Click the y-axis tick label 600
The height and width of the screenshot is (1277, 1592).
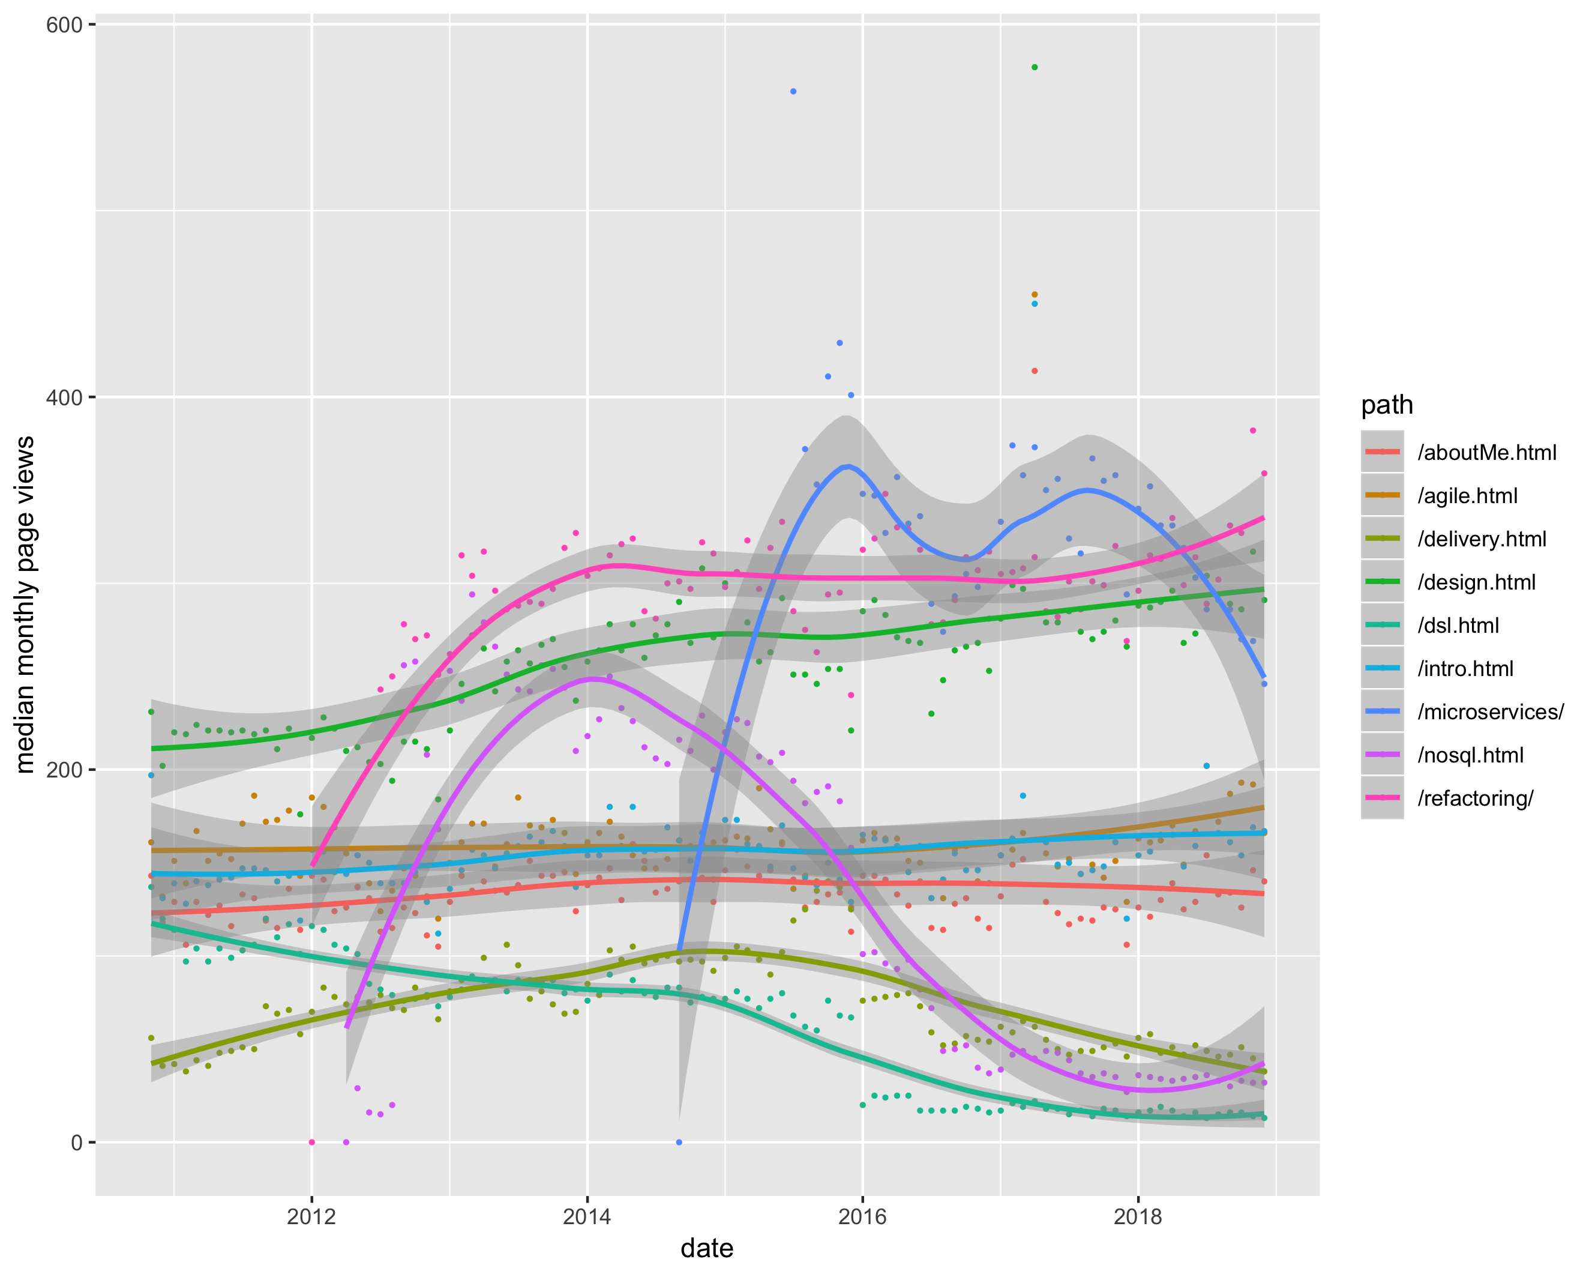coord(64,25)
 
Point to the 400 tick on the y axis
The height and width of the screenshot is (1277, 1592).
coord(64,397)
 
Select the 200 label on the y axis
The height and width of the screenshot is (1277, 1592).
coord(64,770)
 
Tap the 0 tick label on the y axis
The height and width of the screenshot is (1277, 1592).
coord(76,1143)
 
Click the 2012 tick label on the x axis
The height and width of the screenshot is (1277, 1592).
coord(311,1216)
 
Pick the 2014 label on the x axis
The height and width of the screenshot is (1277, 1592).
coord(587,1216)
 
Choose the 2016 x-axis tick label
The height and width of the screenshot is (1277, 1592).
coord(862,1216)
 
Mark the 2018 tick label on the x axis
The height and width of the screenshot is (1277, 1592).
coord(1138,1216)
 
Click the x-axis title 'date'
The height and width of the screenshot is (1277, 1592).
coord(707,1248)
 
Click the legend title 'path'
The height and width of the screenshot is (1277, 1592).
coord(1387,405)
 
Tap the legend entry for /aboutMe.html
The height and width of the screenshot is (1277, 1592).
coord(1486,453)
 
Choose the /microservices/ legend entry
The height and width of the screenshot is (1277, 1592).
coord(1490,712)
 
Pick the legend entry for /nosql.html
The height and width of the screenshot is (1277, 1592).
coord(1470,755)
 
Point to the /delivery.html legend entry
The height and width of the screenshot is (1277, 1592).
coord(1481,539)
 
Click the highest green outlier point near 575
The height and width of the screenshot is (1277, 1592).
coord(1035,67)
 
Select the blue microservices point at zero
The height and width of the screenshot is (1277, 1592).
coord(679,1143)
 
